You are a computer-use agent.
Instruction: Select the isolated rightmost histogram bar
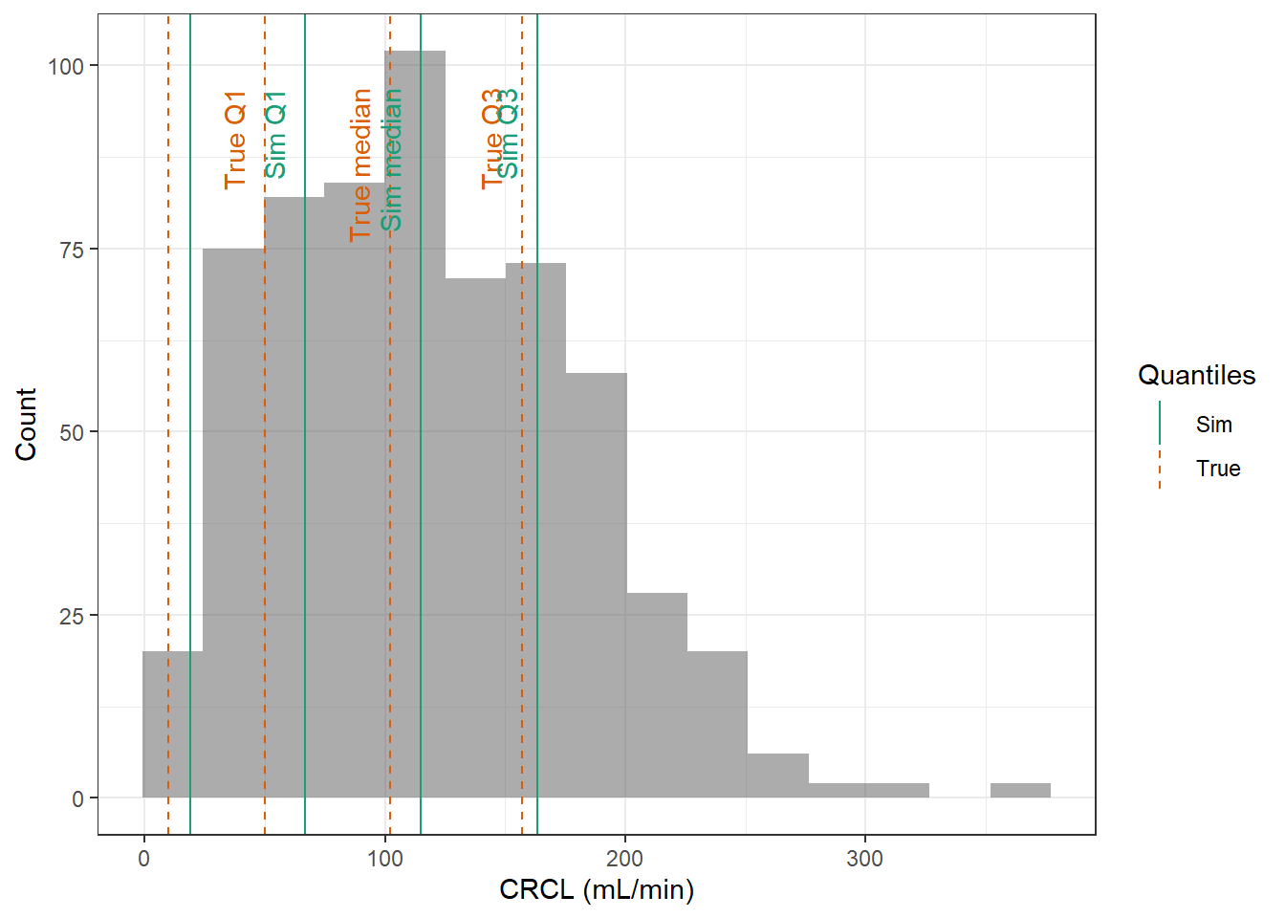[x=1020, y=791]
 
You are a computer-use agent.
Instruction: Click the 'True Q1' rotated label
[x=235, y=140]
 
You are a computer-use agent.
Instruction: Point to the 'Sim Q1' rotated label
[x=275, y=135]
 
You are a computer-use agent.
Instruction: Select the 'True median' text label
[x=360, y=164]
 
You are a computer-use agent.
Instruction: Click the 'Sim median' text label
[x=391, y=160]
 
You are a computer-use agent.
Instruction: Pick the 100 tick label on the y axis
[x=66, y=66]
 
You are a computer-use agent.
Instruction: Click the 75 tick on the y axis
[x=72, y=250]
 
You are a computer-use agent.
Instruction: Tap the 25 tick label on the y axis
[x=72, y=616]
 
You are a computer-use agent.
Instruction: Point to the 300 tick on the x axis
[x=864, y=859]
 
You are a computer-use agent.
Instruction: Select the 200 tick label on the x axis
[x=625, y=859]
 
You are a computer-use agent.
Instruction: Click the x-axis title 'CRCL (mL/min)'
[x=597, y=890]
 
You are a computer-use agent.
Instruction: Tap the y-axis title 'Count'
[x=26, y=424]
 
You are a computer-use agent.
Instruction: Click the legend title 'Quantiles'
[x=1196, y=375]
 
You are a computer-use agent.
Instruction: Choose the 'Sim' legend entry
[x=1213, y=425]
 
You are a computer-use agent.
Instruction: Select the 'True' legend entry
[x=1217, y=469]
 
